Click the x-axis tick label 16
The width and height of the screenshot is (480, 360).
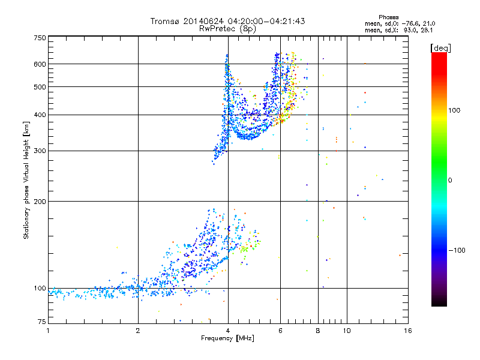(x=407, y=331)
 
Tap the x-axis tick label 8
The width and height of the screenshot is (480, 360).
(x=318, y=331)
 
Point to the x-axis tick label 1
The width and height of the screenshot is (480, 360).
(x=49, y=331)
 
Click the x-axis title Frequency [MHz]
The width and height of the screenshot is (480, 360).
(x=228, y=338)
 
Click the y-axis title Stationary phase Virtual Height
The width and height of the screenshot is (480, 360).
(x=26, y=180)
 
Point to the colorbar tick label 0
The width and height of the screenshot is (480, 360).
(x=453, y=180)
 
